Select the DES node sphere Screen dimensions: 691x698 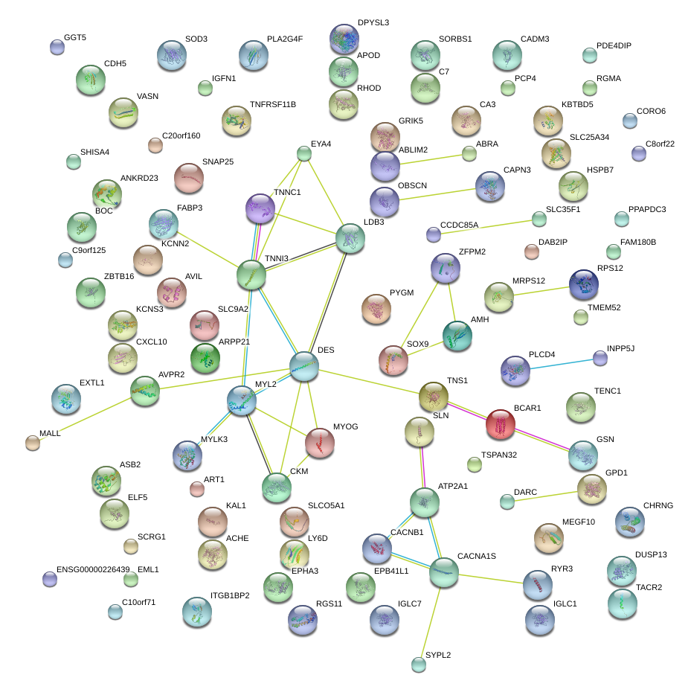coord(304,367)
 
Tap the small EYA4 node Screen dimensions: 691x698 coord(303,154)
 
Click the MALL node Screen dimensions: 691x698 coord(32,443)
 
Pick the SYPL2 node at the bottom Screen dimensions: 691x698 coord(420,665)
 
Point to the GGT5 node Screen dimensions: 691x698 coord(57,47)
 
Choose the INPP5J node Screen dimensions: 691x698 coord(600,359)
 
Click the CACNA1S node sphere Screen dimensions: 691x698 coord(444,571)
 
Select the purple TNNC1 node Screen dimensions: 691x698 coord(260,208)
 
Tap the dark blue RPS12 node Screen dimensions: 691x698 coord(583,284)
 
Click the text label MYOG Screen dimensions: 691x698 coord(345,427)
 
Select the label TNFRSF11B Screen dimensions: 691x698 coord(273,104)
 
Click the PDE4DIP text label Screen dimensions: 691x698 coord(614,46)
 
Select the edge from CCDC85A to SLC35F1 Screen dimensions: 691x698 coord(486,227)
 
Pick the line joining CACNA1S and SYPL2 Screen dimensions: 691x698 coord(432,618)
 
